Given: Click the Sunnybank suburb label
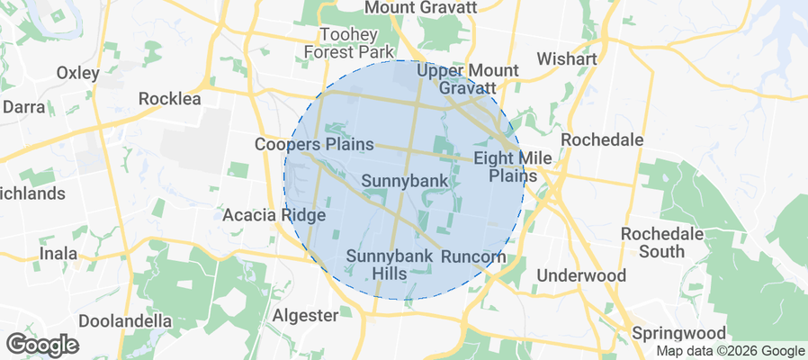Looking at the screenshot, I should coord(404,181).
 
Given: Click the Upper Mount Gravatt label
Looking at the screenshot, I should coord(468,79).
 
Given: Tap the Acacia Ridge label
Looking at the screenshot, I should coord(274,215).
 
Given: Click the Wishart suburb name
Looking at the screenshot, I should coord(566,58).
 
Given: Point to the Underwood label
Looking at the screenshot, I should coord(581,274).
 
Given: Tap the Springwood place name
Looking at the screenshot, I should coord(679,333).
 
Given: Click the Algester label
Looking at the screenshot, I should coord(305,315).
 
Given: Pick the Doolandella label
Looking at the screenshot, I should coord(125,320).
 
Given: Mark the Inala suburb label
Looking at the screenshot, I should coord(58,254).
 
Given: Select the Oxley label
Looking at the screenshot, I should coord(79,72).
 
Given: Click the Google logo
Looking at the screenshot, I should coord(42,345).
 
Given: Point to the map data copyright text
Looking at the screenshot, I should coord(730,351).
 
